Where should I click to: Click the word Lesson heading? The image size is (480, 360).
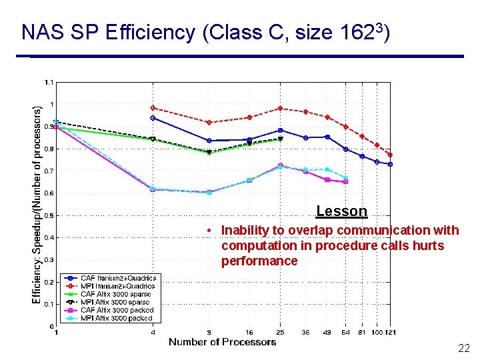click(x=341, y=211)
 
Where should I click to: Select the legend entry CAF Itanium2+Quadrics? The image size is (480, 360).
click(x=118, y=278)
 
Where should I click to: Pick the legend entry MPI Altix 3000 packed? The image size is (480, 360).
click(x=117, y=318)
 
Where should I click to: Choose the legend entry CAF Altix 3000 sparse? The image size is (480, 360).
click(x=115, y=294)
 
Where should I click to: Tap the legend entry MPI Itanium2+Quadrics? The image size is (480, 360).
click(x=118, y=286)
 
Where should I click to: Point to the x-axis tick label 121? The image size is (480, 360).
click(x=391, y=332)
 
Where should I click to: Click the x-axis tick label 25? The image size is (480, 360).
click(x=280, y=332)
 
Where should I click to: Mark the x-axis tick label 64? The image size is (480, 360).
click(x=345, y=332)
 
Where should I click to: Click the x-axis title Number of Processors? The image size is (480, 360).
click(x=222, y=342)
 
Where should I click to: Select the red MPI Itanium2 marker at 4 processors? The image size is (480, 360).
click(x=153, y=107)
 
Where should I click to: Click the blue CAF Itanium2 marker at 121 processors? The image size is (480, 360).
click(x=390, y=164)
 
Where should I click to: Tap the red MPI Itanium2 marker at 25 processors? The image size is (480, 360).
click(x=280, y=108)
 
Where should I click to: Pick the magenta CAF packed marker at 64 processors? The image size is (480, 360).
click(x=345, y=181)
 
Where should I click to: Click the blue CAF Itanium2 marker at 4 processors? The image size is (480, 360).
click(x=153, y=118)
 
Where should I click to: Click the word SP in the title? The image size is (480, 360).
click(x=89, y=33)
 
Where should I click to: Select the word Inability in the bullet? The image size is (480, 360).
click(x=245, y=231)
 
